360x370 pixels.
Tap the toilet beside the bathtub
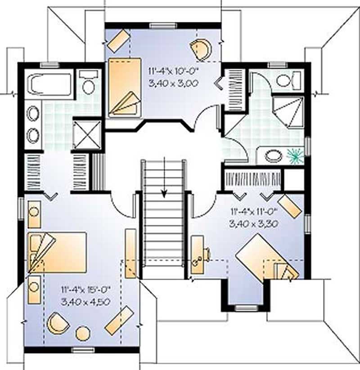[x=88, y=83]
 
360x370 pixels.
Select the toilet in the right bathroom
[x=288, y=81]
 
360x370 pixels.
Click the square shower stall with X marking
[x=87, y=134]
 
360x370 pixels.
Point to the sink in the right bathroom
[x=274, y=156]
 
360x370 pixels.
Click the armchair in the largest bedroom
[x=58, y=323]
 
